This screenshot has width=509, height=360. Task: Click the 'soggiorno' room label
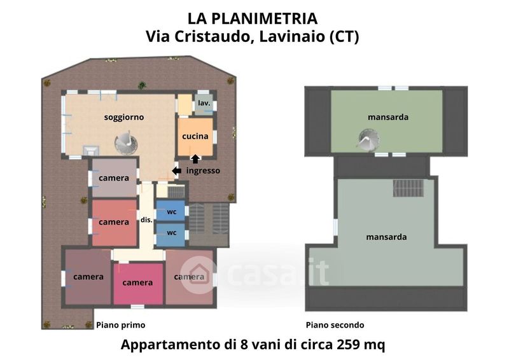click(123, 117)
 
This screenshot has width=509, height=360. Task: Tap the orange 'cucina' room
click(195, 137)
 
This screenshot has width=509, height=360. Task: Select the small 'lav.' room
click(204, 104)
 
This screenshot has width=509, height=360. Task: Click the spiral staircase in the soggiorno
click(126, 142)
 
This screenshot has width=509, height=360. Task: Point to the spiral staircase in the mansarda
click(368, 139)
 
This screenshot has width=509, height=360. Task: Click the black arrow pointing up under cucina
click(195, 159)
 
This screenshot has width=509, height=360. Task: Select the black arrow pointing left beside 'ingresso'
click(177, 170)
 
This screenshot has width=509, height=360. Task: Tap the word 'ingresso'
click(203, 170)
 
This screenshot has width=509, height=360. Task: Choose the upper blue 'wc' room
click(171, 211)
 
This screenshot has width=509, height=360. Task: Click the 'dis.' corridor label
click(146, 220)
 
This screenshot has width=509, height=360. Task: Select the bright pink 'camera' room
click(138, 284)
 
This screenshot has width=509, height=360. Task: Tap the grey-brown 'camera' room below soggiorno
click(114, 177)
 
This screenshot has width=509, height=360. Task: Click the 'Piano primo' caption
click(121, 325)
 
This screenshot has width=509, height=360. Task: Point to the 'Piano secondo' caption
click(335, 325)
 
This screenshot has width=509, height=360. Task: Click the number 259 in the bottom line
click(348, 345)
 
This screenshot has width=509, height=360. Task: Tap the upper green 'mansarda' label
click(388, 117)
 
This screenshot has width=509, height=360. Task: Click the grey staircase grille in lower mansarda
click(408, 188)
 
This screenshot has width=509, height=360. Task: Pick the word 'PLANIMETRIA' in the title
click(265, 18)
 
